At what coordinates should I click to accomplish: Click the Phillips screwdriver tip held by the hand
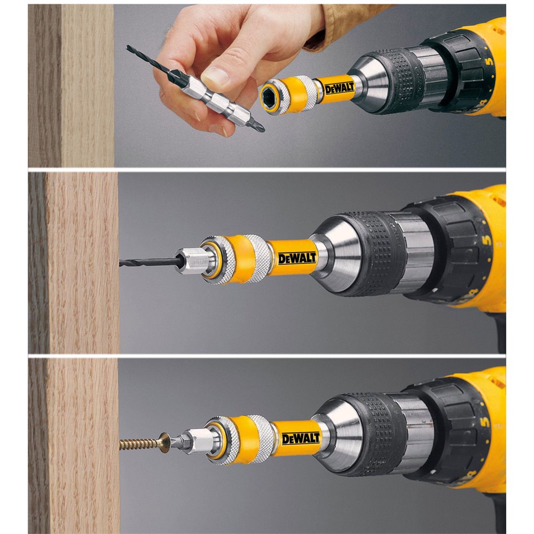pyautogui.click(x=260, y=128)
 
